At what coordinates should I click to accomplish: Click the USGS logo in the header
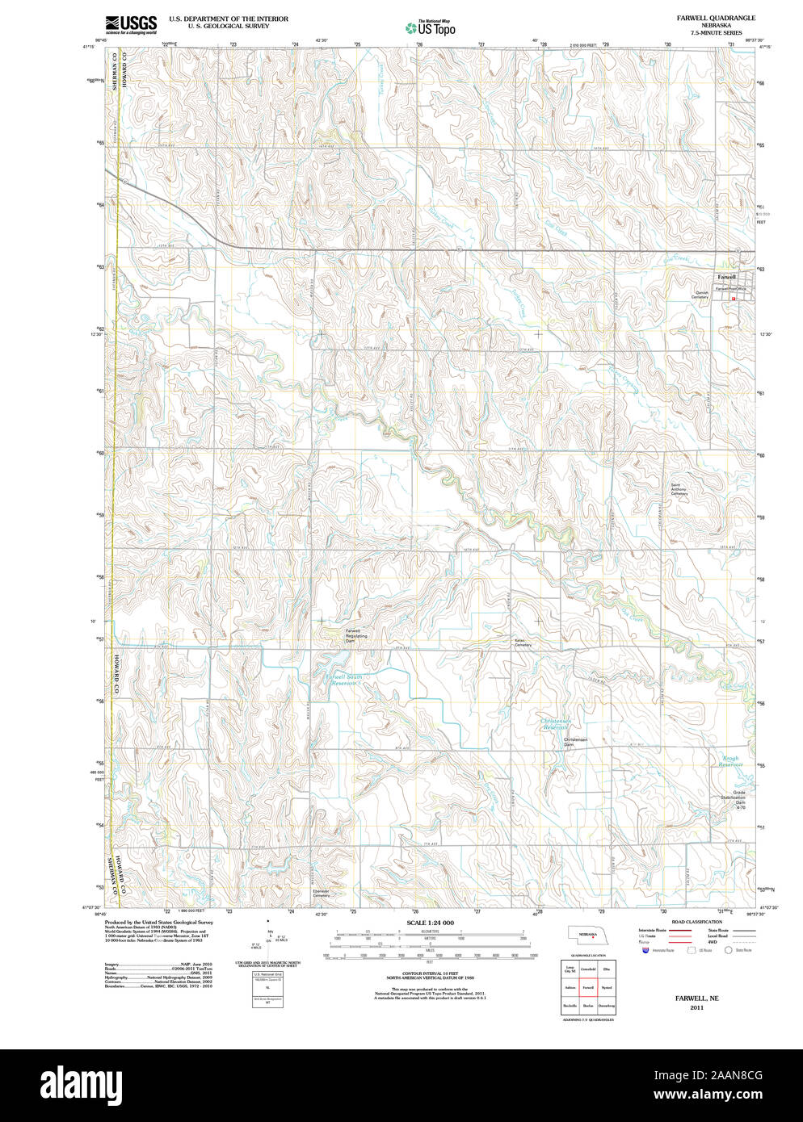pyautogui.click(x=130, y=24)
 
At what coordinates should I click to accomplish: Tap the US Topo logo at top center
pyautogui.click(x=430, y=27)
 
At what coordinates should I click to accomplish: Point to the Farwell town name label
pyautogui.click(x=704, y=277)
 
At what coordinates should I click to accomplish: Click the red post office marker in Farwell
pyautogui.click(x=734, y=299)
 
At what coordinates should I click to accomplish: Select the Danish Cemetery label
pyautogui.click(x=700, y=295)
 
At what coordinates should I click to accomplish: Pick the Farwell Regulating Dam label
pyautogui.click(x=356, y=635)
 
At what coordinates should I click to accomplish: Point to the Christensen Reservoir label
pyautogui.click(x=556, y=724)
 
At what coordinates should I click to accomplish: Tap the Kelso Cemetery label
pyautogui.click(x=523, y=643)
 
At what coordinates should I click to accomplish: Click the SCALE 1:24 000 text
pyautogui.click(x=430, y=923)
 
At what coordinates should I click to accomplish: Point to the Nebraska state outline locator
pyautogui.click(x=587, y=934)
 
